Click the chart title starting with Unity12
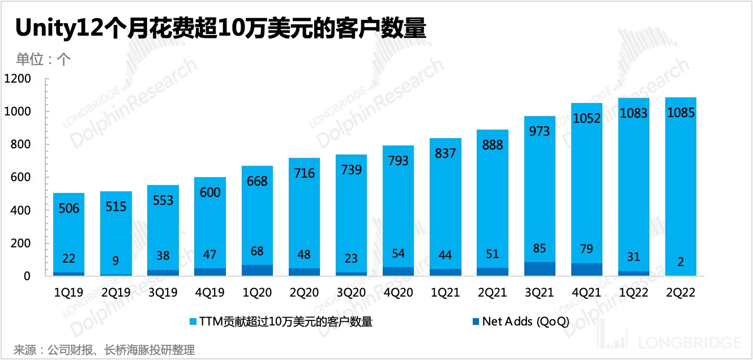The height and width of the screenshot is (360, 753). click(221, 28)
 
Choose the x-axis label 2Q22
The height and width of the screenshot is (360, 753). click(680, 293)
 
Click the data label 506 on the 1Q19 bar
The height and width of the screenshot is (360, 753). click(69, 209)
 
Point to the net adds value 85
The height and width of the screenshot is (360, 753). click(539, 248)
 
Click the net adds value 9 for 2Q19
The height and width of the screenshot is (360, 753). click(116, 262)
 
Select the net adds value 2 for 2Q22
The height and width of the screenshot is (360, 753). click(680, 262)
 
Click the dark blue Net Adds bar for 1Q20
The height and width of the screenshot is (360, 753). click(257, 271)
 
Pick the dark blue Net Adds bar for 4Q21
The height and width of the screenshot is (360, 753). click(587, 269)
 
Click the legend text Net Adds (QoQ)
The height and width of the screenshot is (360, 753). click(525, 322)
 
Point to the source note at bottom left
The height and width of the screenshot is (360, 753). click(104, 350)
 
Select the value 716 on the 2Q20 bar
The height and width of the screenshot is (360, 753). click(304, 173)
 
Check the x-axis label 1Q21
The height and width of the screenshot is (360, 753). click(445, 293)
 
